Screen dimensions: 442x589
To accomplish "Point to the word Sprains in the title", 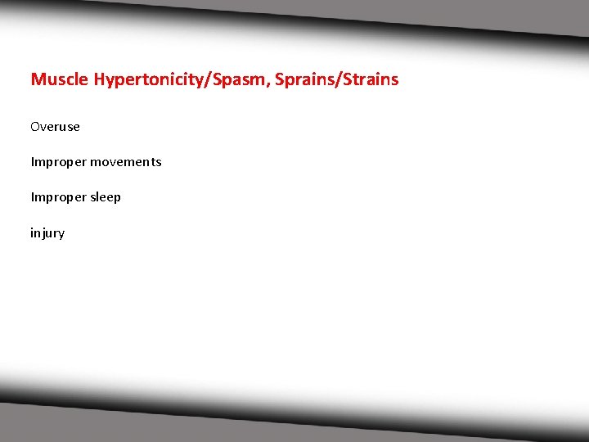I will pos(303,79).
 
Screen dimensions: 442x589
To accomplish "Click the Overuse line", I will pos(55,127).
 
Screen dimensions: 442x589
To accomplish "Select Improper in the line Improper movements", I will pos(58,162).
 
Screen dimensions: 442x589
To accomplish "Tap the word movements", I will pos(126,162).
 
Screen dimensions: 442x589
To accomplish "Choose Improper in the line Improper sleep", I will pos(58,197).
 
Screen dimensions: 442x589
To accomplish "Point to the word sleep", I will pos(106,197).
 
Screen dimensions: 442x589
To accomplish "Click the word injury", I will pos(47,233).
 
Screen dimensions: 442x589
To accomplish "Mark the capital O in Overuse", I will pos(35,127).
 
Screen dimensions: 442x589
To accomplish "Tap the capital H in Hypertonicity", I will pos(99,79).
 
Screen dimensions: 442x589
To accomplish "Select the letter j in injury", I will pos(43,233).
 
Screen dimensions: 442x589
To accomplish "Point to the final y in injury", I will pos(61,234).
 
